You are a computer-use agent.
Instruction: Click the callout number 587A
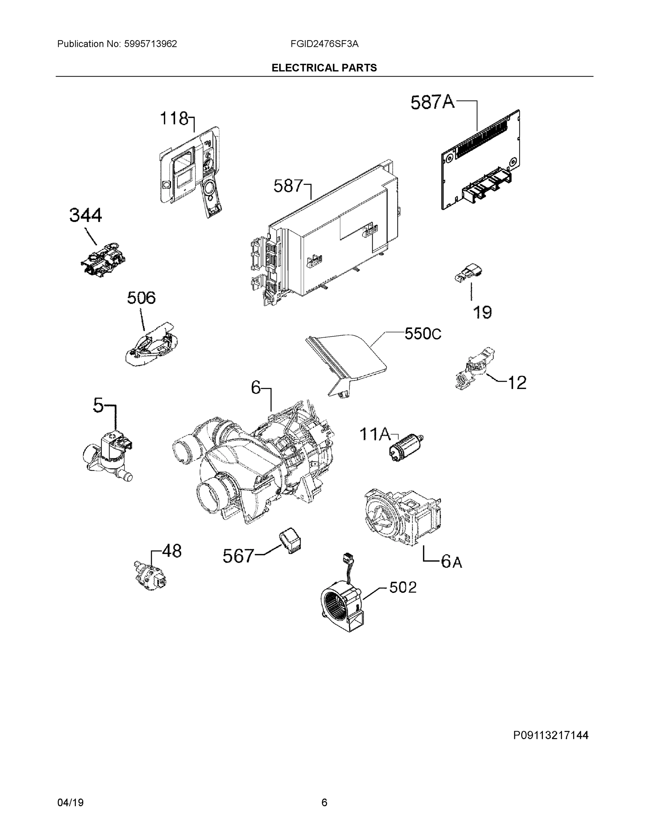pos(432,102)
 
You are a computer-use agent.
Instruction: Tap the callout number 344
pos(85,215)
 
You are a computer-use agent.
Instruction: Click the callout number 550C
pos(423,334)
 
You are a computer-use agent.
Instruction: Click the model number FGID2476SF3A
pos(325,44)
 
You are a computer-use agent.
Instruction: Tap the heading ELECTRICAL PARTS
pos(324,68)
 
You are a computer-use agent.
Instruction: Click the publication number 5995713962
pos(150,44)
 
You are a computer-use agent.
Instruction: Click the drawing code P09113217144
pos(551,735)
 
